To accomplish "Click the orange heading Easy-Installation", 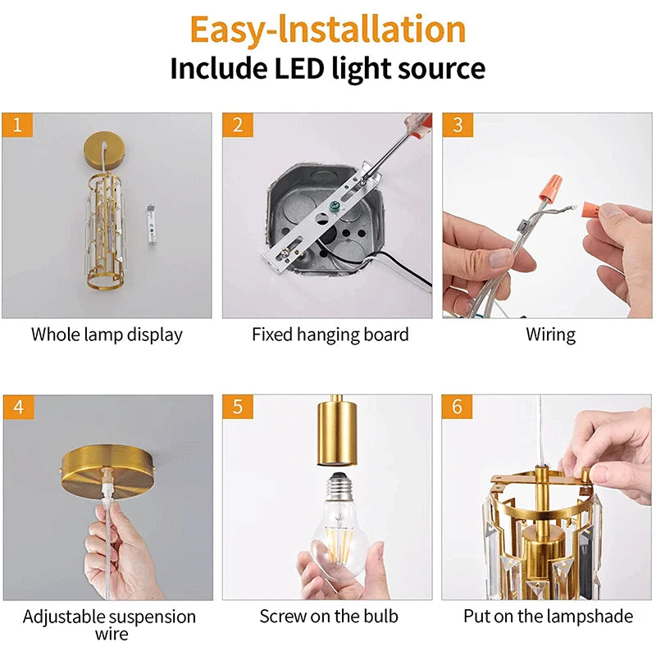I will [x=327, y=29].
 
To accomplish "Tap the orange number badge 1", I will [x=17, y=125].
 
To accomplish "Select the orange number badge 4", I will [x=17, y=408].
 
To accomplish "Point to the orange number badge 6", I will [x=458, y=408].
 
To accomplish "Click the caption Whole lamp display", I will [x=107, y=335].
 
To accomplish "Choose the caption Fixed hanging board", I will [x=330, y=335].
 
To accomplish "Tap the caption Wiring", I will [x=550, y=335].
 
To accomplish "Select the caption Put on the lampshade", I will [x=549, y=616].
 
